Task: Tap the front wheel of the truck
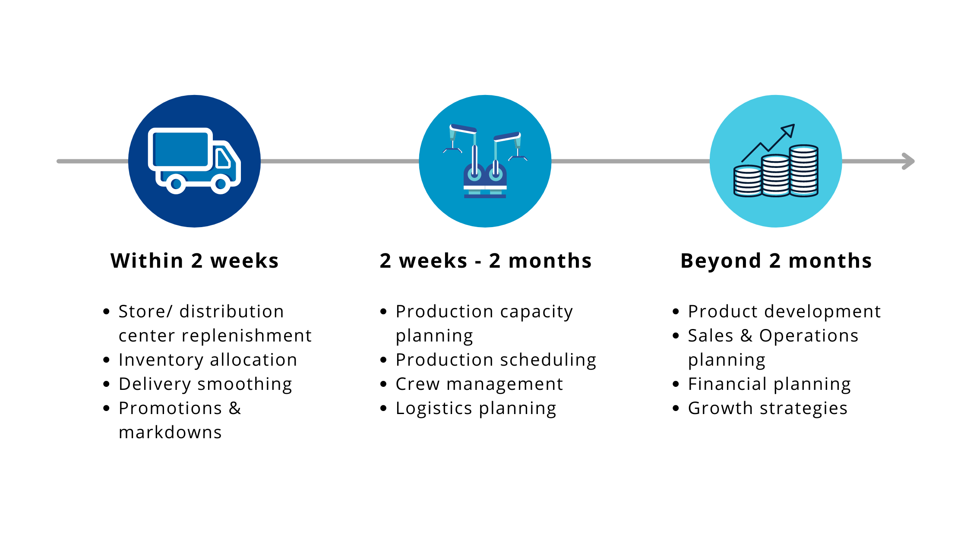pyautogui.click(x=221, y=184)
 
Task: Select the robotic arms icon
pyautogui.click(x=485, y=161)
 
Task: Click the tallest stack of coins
pyautogui.click(x=803, y=171)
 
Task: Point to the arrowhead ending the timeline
pyautogui.click(x=909, y=161)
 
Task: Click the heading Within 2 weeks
pyautogui.click(x=195, y=261)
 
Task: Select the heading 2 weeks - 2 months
pyautogui.click(x=486, y=261)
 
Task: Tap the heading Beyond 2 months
pyautogui.click(x=776, y=261)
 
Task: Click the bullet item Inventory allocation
pyautogui.click(x=208, y=360)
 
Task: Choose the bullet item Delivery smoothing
pyautogui.click(x=205, y=384)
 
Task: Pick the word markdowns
pyautogui.click(x=170, y=433)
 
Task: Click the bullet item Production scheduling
pyautogui.click(x=496, y=360)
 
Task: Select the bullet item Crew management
pyautogui.click(x=479, y=384)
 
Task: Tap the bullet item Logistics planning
pyautogui.click(x=476, y=408)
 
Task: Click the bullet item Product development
pyautogui.click(x=784, y=312)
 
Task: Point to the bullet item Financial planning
pyautogui.click(x=769, y=384)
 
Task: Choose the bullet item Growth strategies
pyautogui.click(x=768, y=408)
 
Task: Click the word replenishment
pyautogui.click(x=246, y=336)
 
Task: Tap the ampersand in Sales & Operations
pyautogui.click(x=746, y=336)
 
